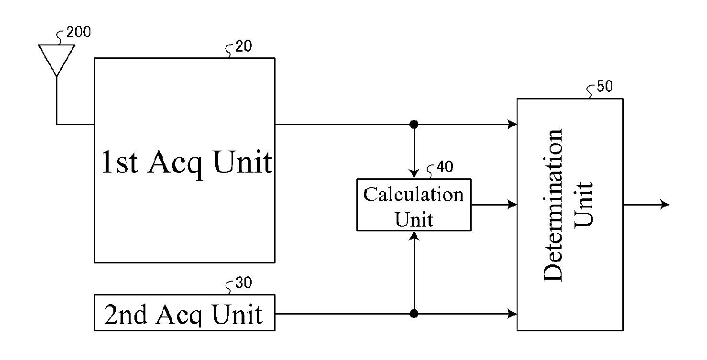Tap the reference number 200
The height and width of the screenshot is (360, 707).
point(78,32)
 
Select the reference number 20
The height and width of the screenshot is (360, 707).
point(243,46)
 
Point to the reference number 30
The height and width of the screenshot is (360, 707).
point(243,283)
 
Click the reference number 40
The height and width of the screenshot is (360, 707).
point(445,166)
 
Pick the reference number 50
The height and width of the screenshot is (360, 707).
point(605,87)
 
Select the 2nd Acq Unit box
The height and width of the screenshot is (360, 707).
point(185,313)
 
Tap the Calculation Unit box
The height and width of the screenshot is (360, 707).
point(414,205)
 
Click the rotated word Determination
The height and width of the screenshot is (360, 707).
point(553,205)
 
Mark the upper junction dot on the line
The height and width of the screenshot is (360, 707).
point(414,124)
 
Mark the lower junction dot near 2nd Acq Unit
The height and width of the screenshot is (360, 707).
point(414,314)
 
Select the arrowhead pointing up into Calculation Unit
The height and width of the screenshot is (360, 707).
point(414,236)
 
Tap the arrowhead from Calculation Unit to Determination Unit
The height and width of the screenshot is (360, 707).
point(512,205)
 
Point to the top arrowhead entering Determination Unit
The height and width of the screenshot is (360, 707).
point(512,124)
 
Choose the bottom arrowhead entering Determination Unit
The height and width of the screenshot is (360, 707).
point(512,314)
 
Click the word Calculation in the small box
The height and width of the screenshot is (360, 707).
point(413,195)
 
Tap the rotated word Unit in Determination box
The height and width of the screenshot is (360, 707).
point(584,205)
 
